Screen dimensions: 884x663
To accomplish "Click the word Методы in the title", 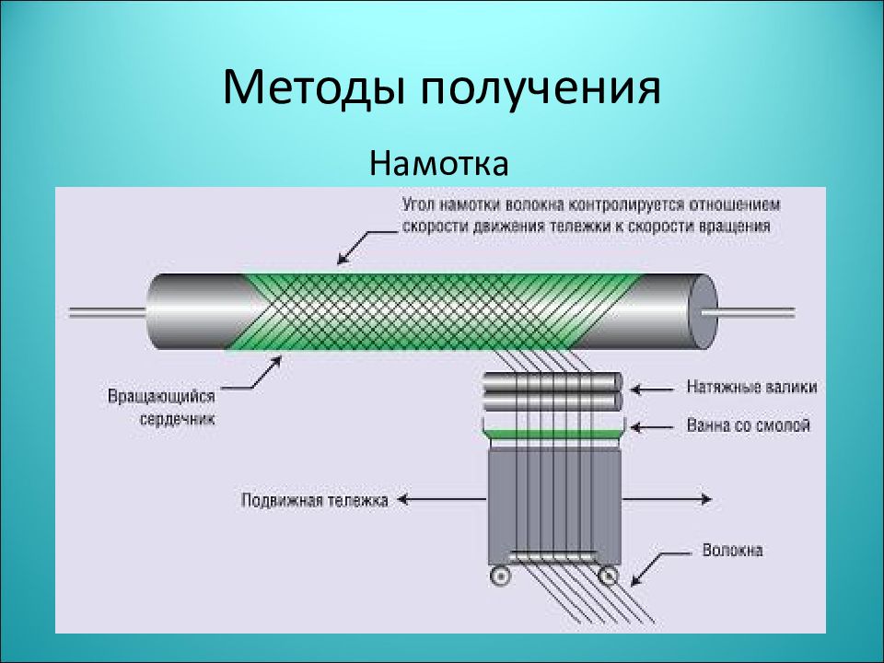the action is (x=313, y=88).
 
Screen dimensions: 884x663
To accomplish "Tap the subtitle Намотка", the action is (x=439, y=163).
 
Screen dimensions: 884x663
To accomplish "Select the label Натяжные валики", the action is (x=751, y=387).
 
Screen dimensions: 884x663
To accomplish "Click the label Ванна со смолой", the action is (x=748, y=425).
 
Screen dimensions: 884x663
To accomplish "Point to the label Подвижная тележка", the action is (x=315, y=500).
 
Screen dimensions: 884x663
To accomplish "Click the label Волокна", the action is (x=732, y=550).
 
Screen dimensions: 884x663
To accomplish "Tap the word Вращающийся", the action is (x=161, y=396).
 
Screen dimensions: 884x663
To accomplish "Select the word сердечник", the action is (x=177, y=419).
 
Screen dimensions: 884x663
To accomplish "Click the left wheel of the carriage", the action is (x=499, y=576).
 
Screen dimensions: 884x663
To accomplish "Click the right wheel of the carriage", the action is (x=608, y=576).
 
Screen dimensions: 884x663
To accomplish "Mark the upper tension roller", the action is (x=553, y=382).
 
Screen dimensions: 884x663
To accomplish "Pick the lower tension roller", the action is (x=553, y=401).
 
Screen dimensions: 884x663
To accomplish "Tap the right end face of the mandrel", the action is (x=704, y=312).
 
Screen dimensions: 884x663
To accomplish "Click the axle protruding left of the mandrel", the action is (x=107, y=312).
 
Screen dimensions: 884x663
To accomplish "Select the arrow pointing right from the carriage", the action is (x=667, y=499).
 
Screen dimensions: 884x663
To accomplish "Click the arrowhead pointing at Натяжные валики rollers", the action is (x=635, y=389).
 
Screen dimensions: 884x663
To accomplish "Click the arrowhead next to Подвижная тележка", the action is (x=402, y=499).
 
